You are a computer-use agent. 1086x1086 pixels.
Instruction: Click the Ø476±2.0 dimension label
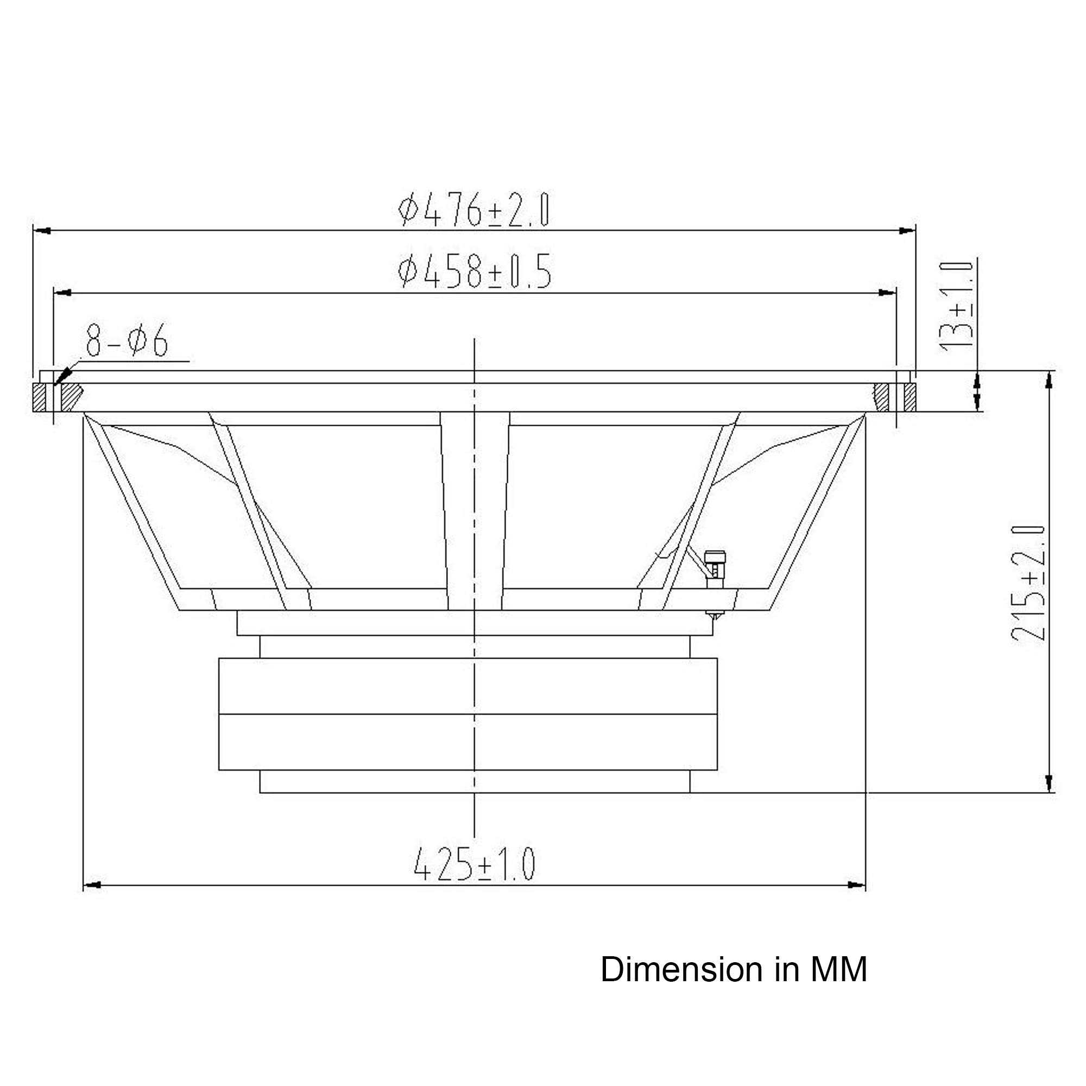click(473, 210)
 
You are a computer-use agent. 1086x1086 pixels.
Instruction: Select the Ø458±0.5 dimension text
click(475, 271)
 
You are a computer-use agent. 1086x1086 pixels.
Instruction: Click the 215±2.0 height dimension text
click(1028, 584)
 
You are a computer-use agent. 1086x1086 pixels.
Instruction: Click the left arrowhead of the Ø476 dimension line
click(42, 230)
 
